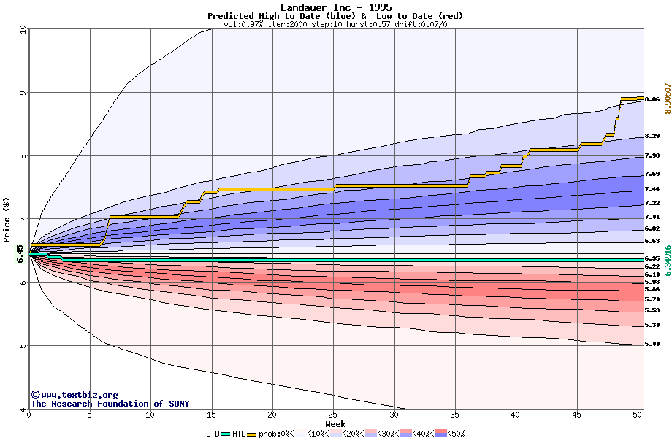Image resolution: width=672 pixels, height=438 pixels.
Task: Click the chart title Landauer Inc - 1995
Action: [335, 7]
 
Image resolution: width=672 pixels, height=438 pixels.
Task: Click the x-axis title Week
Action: [335, 424]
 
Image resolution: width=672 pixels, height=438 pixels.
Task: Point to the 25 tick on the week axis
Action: [333, 415]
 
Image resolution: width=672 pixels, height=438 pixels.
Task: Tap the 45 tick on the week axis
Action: [577, 415]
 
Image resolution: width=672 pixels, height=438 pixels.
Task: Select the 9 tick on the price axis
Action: [23, 93]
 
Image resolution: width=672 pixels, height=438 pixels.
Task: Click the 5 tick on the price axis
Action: [23, 345]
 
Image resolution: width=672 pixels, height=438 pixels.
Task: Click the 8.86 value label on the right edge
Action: [652, 99]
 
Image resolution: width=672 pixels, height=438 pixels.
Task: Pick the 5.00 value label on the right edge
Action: [652, 344]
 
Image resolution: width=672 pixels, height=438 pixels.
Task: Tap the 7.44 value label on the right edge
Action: [652, 189]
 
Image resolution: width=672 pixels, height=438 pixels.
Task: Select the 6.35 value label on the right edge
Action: [652, 258]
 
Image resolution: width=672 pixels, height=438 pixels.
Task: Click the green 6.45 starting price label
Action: [20, 253]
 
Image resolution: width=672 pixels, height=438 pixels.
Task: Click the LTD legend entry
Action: [213, 434]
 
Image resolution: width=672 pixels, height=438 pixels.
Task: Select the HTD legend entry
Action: [239, 434]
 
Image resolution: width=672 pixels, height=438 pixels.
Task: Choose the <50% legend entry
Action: [454, 434]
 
